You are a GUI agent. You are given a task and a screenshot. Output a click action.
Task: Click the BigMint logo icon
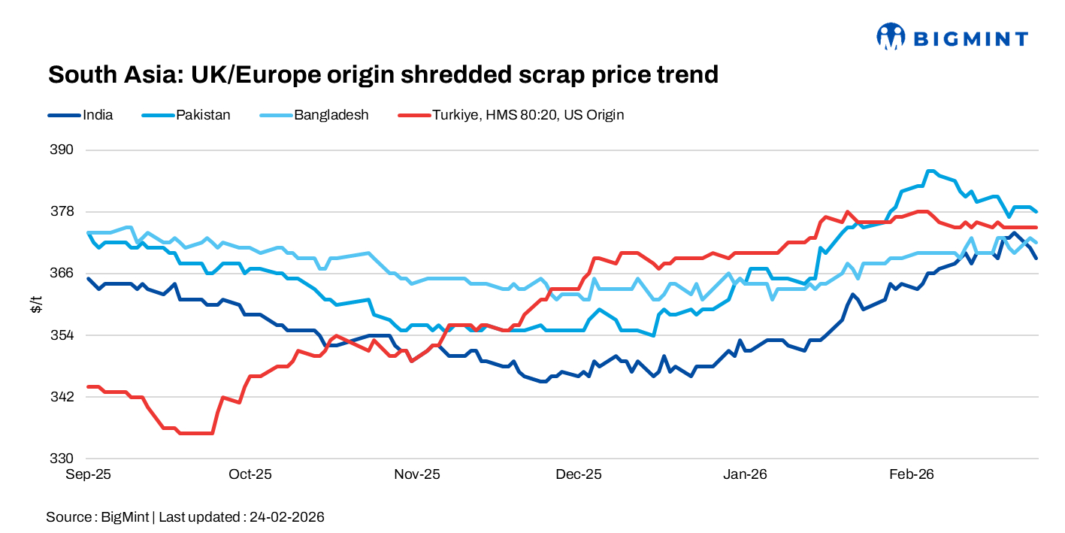pos(891,36)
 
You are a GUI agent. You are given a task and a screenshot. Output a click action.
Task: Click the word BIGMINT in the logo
pos(970,38)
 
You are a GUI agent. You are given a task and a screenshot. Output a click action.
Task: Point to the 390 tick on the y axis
pos(64,150)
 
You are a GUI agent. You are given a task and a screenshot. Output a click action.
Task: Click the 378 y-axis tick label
pos(64,211)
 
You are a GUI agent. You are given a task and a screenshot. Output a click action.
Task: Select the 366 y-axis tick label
pos(64,273)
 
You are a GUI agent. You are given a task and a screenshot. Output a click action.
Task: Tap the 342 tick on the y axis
pos(64,396)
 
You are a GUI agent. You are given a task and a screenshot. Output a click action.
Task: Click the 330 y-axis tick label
pos(64,458)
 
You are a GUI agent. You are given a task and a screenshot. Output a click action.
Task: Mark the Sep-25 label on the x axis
pos(88,474)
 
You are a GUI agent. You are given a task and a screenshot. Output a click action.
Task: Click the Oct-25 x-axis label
pos(250,474)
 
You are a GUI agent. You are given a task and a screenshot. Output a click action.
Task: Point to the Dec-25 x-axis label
pos(579,474)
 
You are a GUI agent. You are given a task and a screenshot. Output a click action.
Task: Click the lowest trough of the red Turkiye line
pos(195,433)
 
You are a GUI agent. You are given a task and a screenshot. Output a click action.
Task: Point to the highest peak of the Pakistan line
pos(930,171)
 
